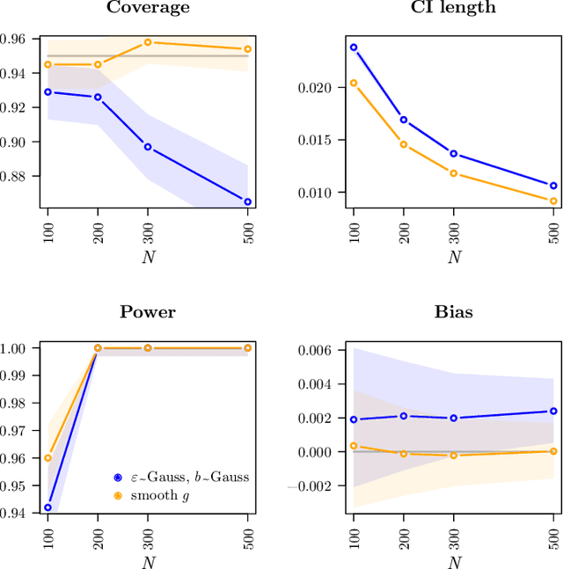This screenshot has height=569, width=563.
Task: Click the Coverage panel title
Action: (148, 8)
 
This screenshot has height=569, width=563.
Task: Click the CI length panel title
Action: (453, 8)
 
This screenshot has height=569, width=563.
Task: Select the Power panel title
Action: (148, 312)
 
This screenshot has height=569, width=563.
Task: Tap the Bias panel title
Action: (453, 312)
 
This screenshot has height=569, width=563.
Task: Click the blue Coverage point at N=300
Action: (148, 147)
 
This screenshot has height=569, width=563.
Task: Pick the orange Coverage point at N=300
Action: (148, 42)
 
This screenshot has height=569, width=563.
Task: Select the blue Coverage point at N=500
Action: (247, 201)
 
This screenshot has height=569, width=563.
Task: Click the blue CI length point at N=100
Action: (354, 47)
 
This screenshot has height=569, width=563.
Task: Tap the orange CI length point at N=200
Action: (404, 144)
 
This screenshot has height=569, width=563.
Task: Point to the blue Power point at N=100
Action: (48, 507)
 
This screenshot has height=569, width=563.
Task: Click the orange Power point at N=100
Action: (48, 457)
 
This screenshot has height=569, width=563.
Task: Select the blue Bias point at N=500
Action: (553, 411)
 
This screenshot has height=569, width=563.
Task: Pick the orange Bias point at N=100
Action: (354, 446)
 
